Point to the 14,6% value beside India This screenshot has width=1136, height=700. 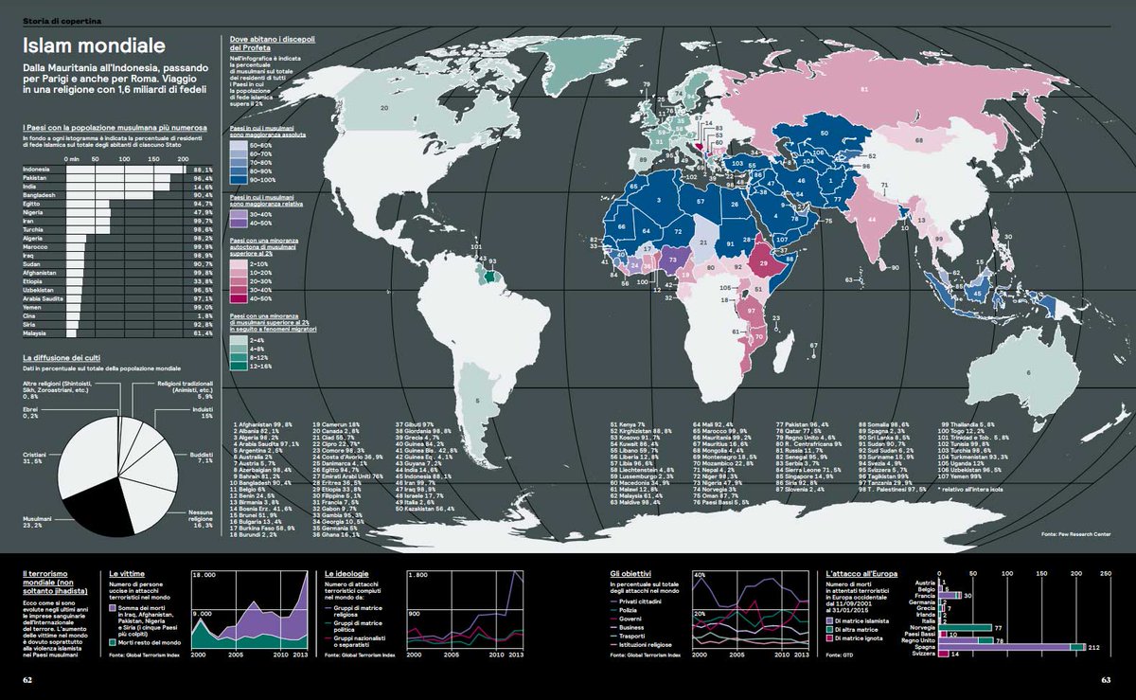[202, 188]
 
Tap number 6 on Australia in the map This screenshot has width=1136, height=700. [1029, 372]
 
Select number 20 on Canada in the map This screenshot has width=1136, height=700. [384, 108]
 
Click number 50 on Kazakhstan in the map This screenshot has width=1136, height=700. [825, 134]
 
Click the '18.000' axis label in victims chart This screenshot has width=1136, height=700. [204, 575]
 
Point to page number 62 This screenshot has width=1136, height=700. [28, 678]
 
